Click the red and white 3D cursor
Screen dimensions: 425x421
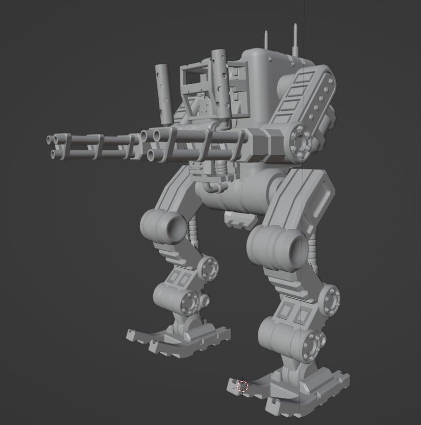(x=243, y=386)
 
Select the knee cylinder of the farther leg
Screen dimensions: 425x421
(x=163, y=225)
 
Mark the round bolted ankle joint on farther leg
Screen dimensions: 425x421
(x=190, y=302)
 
